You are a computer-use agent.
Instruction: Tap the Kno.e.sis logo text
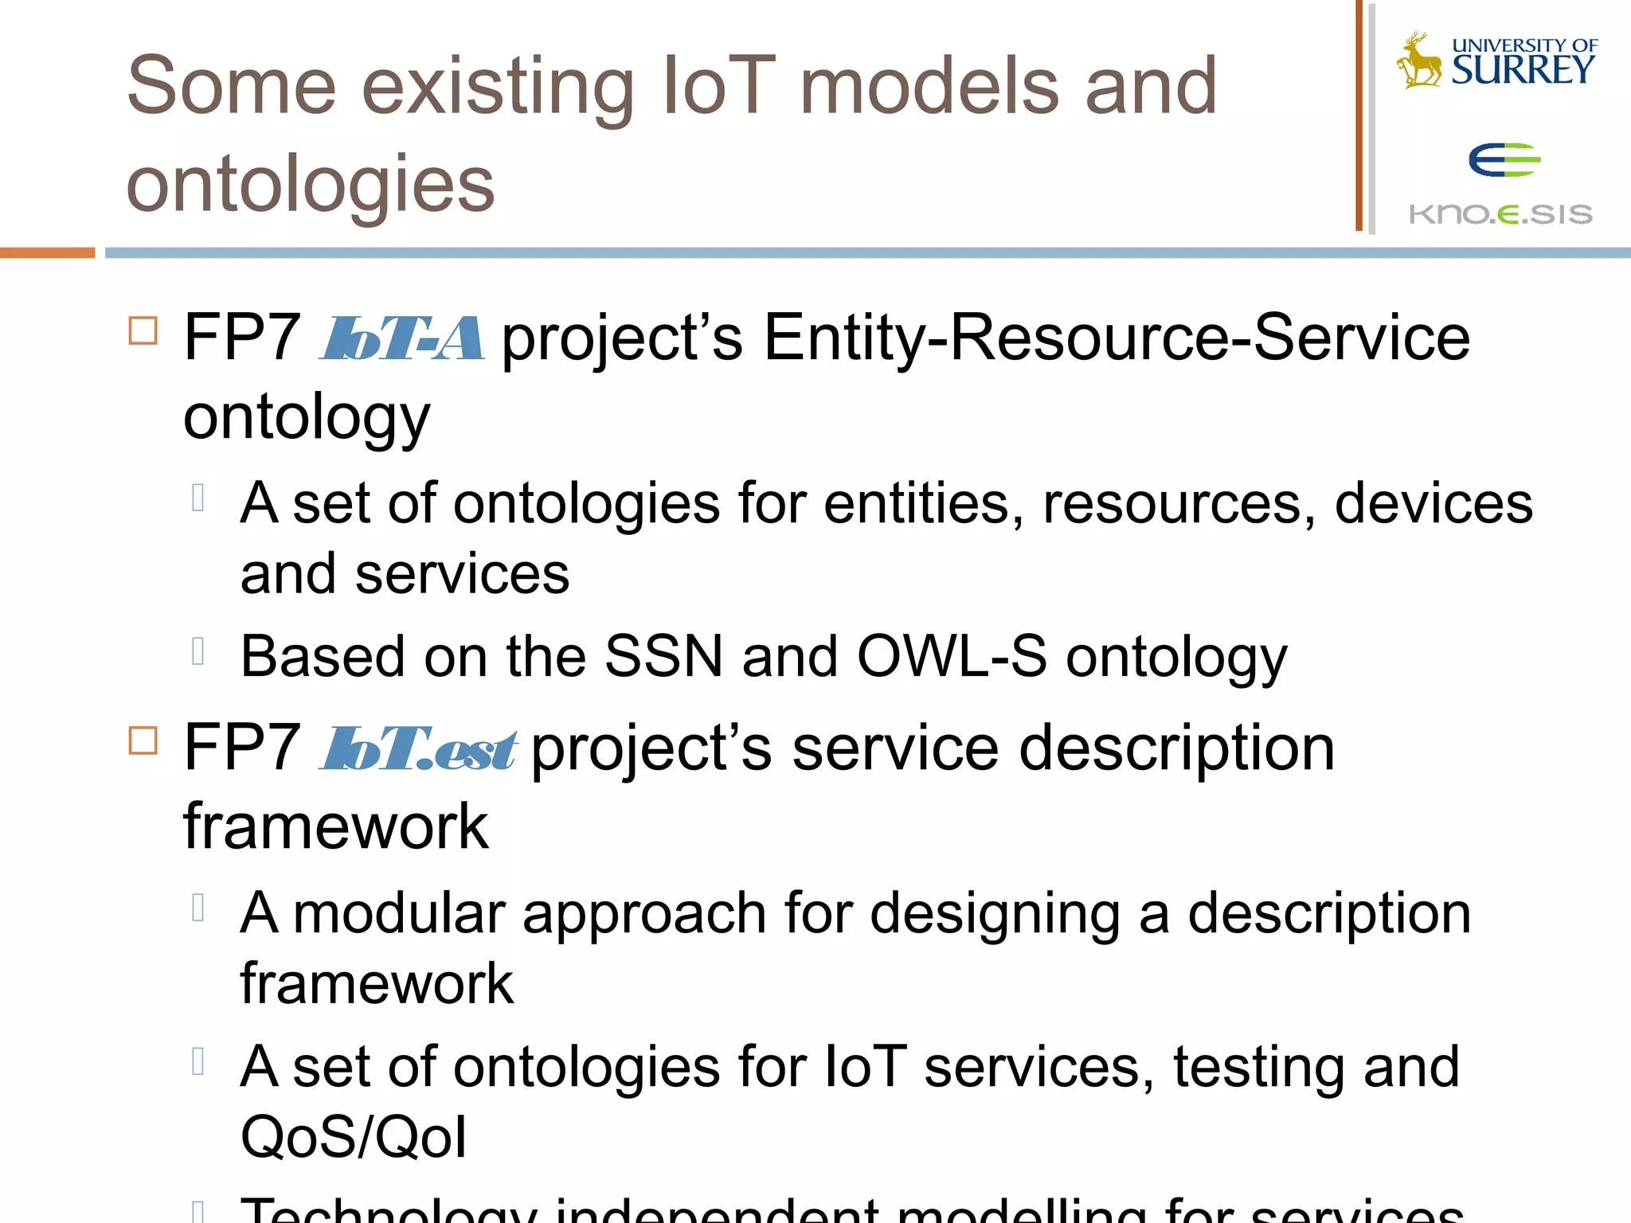[x=1500, y=213]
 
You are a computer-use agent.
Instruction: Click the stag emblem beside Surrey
[x=1419, y=60]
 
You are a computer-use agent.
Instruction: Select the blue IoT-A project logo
[x=401, y=338]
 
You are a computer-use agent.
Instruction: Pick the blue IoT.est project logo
[x=418, y=748]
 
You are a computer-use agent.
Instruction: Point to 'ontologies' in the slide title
[x=311, y=185]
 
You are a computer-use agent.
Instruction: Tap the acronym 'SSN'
[x=663, y=657]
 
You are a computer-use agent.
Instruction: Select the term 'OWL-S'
[x=952, y=657]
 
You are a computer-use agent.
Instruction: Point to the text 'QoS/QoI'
[x=354, y=1137]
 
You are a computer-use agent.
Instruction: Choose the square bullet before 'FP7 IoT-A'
[x=143, y=330]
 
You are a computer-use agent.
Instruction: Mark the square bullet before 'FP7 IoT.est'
[x=143, y=740]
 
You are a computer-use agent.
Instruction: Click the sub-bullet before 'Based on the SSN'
[x=198, y=651]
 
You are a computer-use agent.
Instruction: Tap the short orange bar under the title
[x=47, y=252]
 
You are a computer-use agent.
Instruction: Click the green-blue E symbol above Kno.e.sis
[x=1504, y=160]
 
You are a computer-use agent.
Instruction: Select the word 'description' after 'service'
[x=1176, y=748]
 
